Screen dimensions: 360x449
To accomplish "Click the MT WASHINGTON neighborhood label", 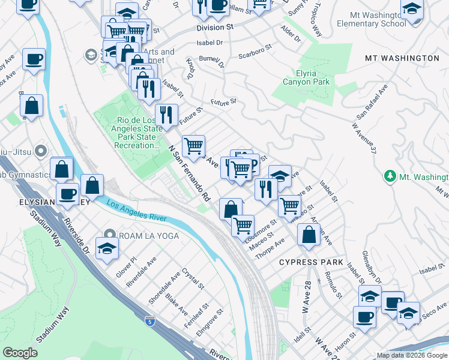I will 402,58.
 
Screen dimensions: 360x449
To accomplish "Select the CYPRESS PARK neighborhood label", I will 311,262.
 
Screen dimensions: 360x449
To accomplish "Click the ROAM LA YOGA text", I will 149,236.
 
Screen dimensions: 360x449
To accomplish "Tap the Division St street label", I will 214,28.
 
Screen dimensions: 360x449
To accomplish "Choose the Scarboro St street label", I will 256,53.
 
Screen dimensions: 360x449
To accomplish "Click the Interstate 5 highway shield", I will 151,322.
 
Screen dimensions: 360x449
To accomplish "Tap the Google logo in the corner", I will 20,353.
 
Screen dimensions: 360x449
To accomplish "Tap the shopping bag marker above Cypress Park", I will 308,235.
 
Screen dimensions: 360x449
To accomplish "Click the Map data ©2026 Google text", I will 412,355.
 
